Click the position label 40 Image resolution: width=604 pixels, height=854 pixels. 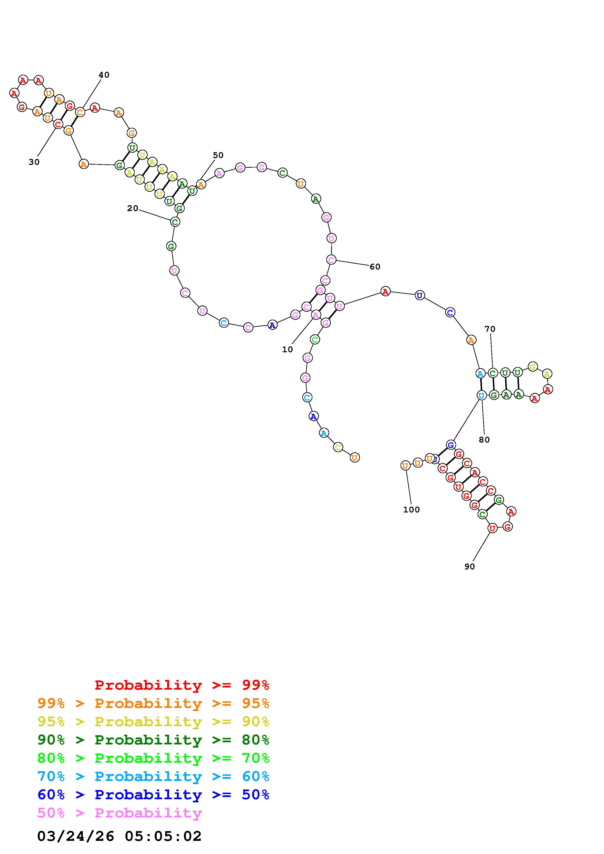click(104, 75)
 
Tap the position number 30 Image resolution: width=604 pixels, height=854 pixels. click(34, 162)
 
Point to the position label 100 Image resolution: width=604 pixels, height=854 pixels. click(411, 510)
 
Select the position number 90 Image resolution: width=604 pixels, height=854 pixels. click(470, 566)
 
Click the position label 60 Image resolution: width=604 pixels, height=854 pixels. click(375, 267)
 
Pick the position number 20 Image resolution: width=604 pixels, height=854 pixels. click(133, 208)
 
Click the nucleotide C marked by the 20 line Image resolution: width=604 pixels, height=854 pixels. click(175, 222)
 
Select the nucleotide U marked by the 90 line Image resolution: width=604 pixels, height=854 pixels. click(492, 528)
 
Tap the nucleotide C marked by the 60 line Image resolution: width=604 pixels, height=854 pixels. click(331, 259)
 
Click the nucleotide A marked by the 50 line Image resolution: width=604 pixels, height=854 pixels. click(201, 184)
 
